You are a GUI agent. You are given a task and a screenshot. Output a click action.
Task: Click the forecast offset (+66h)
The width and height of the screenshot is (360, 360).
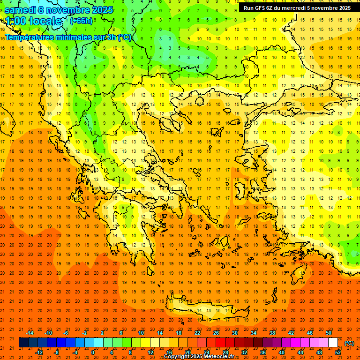click(x=81, y=21)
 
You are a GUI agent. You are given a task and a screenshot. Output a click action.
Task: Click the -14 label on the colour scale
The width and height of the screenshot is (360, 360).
click(x=30, y=333)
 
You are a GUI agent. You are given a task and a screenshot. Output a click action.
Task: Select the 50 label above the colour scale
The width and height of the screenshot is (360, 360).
click(x=328, y=333)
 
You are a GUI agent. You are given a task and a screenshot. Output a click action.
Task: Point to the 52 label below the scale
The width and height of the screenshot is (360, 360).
click(x=338, y=352)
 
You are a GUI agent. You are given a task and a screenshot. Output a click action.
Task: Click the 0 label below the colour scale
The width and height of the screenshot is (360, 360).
click(x=92, y=352)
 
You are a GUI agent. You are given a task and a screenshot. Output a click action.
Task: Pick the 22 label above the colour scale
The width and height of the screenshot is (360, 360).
click(x=197, y=333)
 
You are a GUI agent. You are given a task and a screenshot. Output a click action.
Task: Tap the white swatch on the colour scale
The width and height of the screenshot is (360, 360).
click(x=333, y=343)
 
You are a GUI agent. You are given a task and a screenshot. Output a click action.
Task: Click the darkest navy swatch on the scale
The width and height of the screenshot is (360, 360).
click(x=23, y=343)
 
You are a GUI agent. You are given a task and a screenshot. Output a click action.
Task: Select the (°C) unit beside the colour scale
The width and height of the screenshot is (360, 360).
click(x=349, y=343)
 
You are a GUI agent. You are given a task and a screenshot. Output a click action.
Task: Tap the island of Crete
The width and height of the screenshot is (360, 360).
click(x=206, y=310)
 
